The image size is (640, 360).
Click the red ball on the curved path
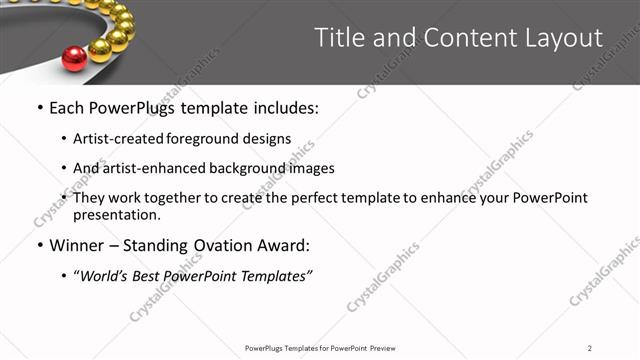(74, 58)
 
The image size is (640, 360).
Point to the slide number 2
(590, 348)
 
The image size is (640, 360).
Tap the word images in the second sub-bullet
(310, 168)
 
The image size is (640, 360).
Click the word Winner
(79, 245)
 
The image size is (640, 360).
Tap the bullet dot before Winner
(39, 245)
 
